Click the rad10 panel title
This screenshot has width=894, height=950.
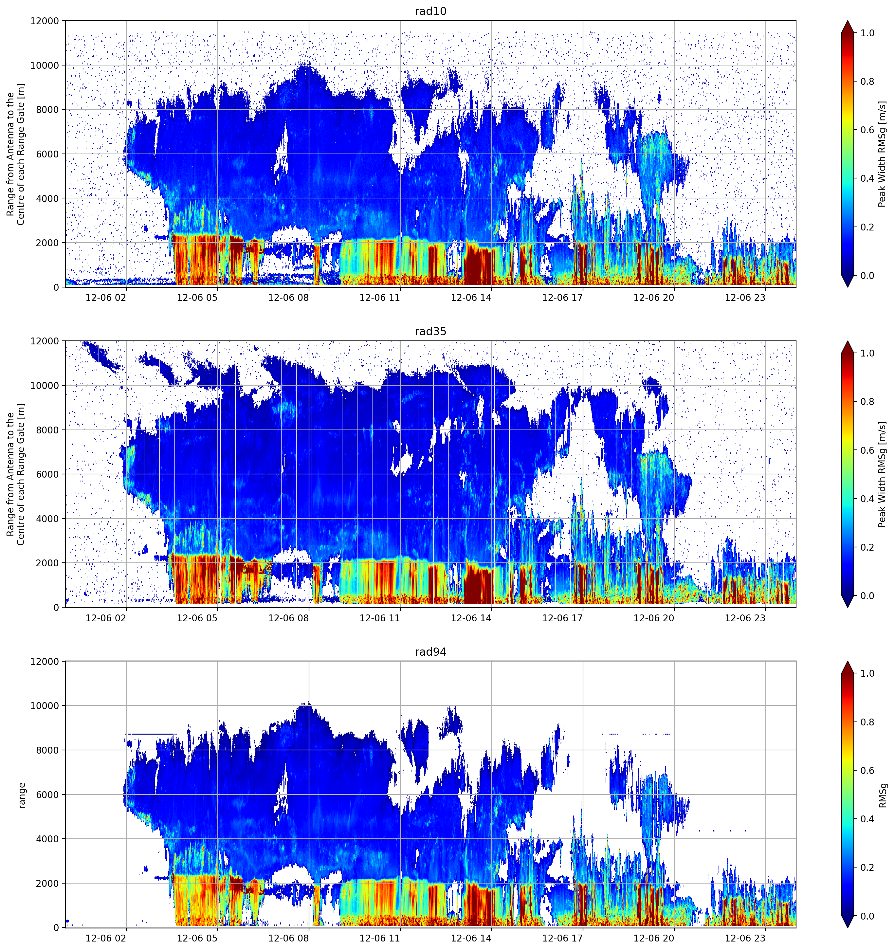coord(430,11)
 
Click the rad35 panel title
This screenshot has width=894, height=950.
coord(430,332)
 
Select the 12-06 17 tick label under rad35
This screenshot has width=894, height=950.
coord(562,618)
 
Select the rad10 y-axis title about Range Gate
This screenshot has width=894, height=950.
coord(16,154)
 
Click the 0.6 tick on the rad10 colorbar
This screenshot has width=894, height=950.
coord(867,130)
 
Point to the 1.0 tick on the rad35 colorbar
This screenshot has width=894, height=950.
coord(867,353)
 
